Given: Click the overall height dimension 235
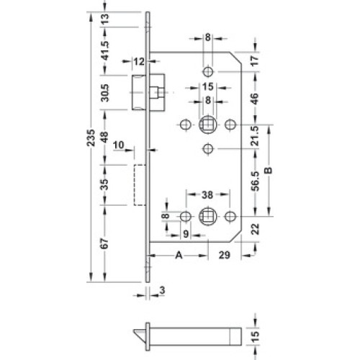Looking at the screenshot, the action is click(91, 138).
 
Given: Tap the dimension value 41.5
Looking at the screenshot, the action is click(105, 50).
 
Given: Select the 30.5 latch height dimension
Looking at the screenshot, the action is click(105, 93).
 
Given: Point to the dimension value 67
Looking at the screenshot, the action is click(105, 243).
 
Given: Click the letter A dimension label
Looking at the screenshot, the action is click(179, 256).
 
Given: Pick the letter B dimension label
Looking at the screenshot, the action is click(269, 171).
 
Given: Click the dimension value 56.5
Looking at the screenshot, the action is click(256, 181).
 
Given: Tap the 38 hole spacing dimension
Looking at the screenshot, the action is click(207, 195).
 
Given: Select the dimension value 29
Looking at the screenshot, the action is click(225, 256).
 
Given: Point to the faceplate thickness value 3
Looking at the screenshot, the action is click(163, 290).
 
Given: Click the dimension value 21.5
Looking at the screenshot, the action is click(256, 136).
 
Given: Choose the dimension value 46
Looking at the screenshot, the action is click(256, 99).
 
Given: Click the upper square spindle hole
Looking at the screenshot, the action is click(208, 125).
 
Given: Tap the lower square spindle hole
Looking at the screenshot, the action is click(208, 217).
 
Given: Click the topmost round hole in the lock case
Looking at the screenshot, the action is click(208, 71).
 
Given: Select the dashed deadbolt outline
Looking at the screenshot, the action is click(140, 185).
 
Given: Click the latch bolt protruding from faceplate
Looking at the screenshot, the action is click(139, 93).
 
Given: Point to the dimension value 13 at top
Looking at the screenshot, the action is click(105, 19).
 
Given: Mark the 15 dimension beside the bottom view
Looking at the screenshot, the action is click(256, 336).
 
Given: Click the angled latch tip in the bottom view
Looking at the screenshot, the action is click(140, 335).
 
